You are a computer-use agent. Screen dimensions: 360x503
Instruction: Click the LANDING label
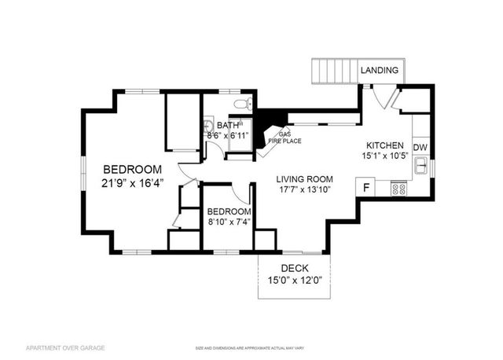click(x=380, y=71)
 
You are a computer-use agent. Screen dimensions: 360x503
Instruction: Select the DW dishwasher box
click(x=420, y=147)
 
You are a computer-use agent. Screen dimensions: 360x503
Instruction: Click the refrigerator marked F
click(x=365, y=187)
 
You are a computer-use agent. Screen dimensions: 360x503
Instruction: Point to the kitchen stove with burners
click(x=398, y=189)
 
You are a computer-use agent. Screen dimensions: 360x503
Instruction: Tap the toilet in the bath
click(x=242, y=104)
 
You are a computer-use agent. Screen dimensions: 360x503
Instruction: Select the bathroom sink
click(x=208, y=127)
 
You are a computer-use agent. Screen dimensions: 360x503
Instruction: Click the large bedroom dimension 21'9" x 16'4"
click(x=133, y=183)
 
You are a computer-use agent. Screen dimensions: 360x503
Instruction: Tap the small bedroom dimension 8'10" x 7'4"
click(x=228, y=223)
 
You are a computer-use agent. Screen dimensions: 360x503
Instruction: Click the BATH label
click(x=228, y=125)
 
